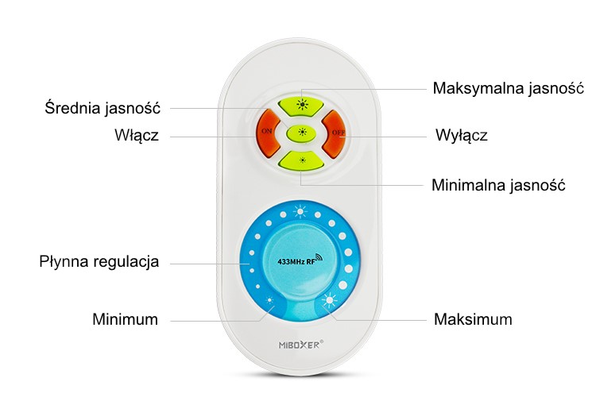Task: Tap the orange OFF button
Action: pyautogui.click(x=335, y=134)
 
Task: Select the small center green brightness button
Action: pyautogui.click(x=302, y=133)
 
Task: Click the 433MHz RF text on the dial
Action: pyautogui.click(x=296, y=262)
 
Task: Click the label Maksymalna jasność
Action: pyautogui.click(x=509, y=88)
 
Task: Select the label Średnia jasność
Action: pyautogui.click(x=103, y=107)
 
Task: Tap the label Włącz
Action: pyautogui.click(x=137, y=136)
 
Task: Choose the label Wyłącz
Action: pyautogui.click(x=462, y=136)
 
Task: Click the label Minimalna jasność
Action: pyautogui.click(x=498, y=185)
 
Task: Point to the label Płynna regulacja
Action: pyautogui.click(x=99, y=262)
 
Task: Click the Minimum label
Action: pyautogui.click(x=125, y=319)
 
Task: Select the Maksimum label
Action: pyautogui.click(x=473, y=319)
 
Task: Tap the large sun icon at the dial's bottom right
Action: pyautogui.click(x=329, y=301)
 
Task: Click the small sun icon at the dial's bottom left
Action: pyautogui.click(x=269, y=300)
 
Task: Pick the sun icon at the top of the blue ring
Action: pyautogui.click(x=300, y=211)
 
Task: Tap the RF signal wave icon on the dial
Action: pyautogui.click(x=318, y=258)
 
